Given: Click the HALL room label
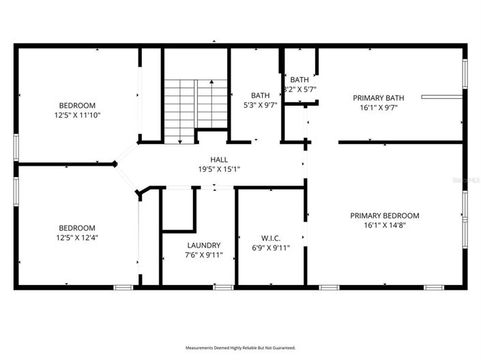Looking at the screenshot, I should point(219,159).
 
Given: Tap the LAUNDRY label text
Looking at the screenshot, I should point(203,245).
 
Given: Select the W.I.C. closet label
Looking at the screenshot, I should point(271,238).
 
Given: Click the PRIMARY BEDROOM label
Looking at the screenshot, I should point(384,215).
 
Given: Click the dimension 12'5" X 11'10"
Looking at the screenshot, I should point(76,116).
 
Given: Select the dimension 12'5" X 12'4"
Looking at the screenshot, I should point(76,238).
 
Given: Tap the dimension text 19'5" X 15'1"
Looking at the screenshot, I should point(219,169).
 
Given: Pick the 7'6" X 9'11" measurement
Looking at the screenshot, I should point(203,256).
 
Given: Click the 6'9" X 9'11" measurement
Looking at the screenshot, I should point(271,248).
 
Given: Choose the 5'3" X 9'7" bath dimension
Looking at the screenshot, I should point(260,106).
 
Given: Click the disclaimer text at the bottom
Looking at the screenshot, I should point(240,347).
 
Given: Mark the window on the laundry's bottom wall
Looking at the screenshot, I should point(219,287).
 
